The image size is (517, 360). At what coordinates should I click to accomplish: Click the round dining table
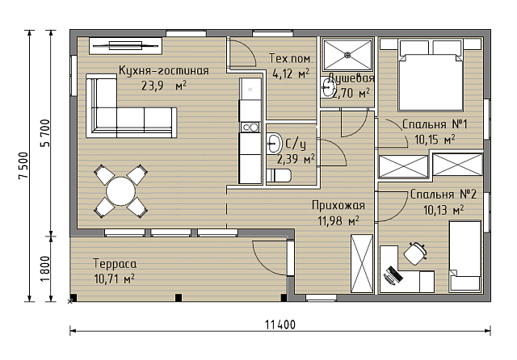point(120,191)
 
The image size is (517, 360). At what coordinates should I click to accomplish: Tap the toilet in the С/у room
point(279,175)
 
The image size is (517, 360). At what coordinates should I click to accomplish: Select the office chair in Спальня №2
point(415,253)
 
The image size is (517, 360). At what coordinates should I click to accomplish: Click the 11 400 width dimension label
point(280,325)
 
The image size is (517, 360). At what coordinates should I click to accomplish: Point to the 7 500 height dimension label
point(23,165)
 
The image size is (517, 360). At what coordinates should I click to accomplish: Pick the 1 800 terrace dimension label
point(44,269)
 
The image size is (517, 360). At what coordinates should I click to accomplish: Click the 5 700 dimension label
point(44,133)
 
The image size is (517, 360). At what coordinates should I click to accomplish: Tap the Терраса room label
point(115,264)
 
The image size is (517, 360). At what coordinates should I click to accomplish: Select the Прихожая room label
point(338,206)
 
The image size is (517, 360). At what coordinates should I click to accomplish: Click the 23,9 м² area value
point(164,86)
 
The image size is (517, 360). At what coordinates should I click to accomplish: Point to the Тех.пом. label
point(291,59)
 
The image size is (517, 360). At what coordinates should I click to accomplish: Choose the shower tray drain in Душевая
point(347,56)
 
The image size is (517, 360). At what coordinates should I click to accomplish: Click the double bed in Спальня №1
point(431,75)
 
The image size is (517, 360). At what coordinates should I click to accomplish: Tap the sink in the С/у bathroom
point(273,144)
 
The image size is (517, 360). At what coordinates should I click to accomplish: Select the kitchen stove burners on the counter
point(250,127)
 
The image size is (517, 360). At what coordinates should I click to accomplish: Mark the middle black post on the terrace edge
point(178,298)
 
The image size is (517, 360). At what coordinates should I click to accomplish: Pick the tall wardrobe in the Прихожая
point(362,263)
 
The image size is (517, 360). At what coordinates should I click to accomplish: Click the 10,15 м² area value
point(435,140)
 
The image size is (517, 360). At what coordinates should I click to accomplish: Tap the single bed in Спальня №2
point(465,256)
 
